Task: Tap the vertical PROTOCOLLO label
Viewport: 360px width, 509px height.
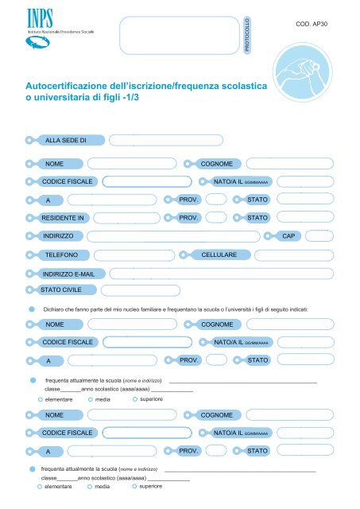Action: pos(247,36)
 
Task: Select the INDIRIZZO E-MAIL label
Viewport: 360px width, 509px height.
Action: pos(69,274)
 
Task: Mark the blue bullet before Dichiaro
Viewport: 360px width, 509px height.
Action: pos(31,308)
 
